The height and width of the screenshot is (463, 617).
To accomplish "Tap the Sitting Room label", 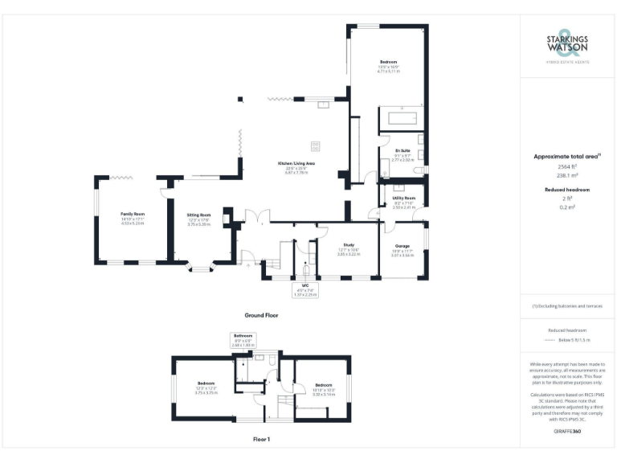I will (198, 215).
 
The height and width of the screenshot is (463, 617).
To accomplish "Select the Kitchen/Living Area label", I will (296, 164).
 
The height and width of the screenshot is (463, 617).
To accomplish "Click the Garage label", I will (402, 246).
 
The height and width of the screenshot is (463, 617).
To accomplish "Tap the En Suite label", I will (402, 151).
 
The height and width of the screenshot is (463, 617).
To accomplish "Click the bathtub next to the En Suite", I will (401, 119).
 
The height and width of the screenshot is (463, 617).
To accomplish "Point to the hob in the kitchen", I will (315, 145).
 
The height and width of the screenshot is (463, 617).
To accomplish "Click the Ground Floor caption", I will (261, 316).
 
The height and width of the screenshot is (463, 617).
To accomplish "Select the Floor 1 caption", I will (261, 439).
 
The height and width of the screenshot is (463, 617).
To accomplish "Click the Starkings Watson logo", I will (568, 47).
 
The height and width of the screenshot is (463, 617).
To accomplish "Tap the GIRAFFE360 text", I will (568, 433).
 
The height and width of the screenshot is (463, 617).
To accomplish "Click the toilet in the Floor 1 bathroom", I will (273, 364).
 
